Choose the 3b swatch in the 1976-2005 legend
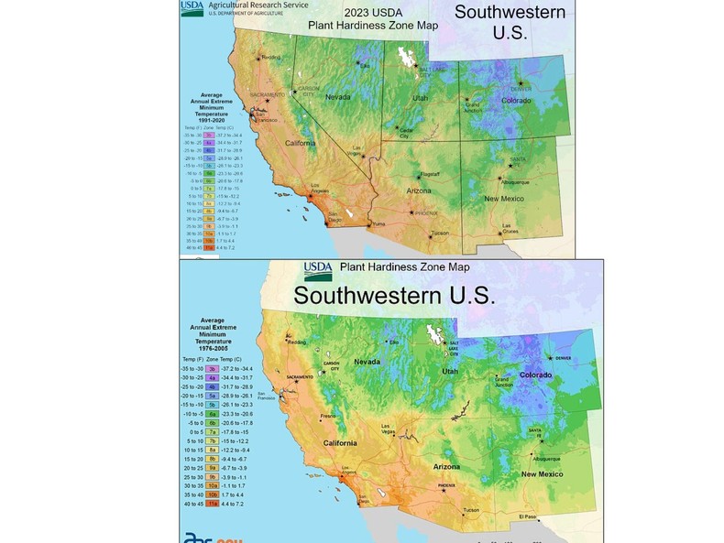click(212, 368)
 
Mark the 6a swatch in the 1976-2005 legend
click(212, 414)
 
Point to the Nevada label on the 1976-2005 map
click(367, 362)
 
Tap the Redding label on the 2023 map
click(270, 57)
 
